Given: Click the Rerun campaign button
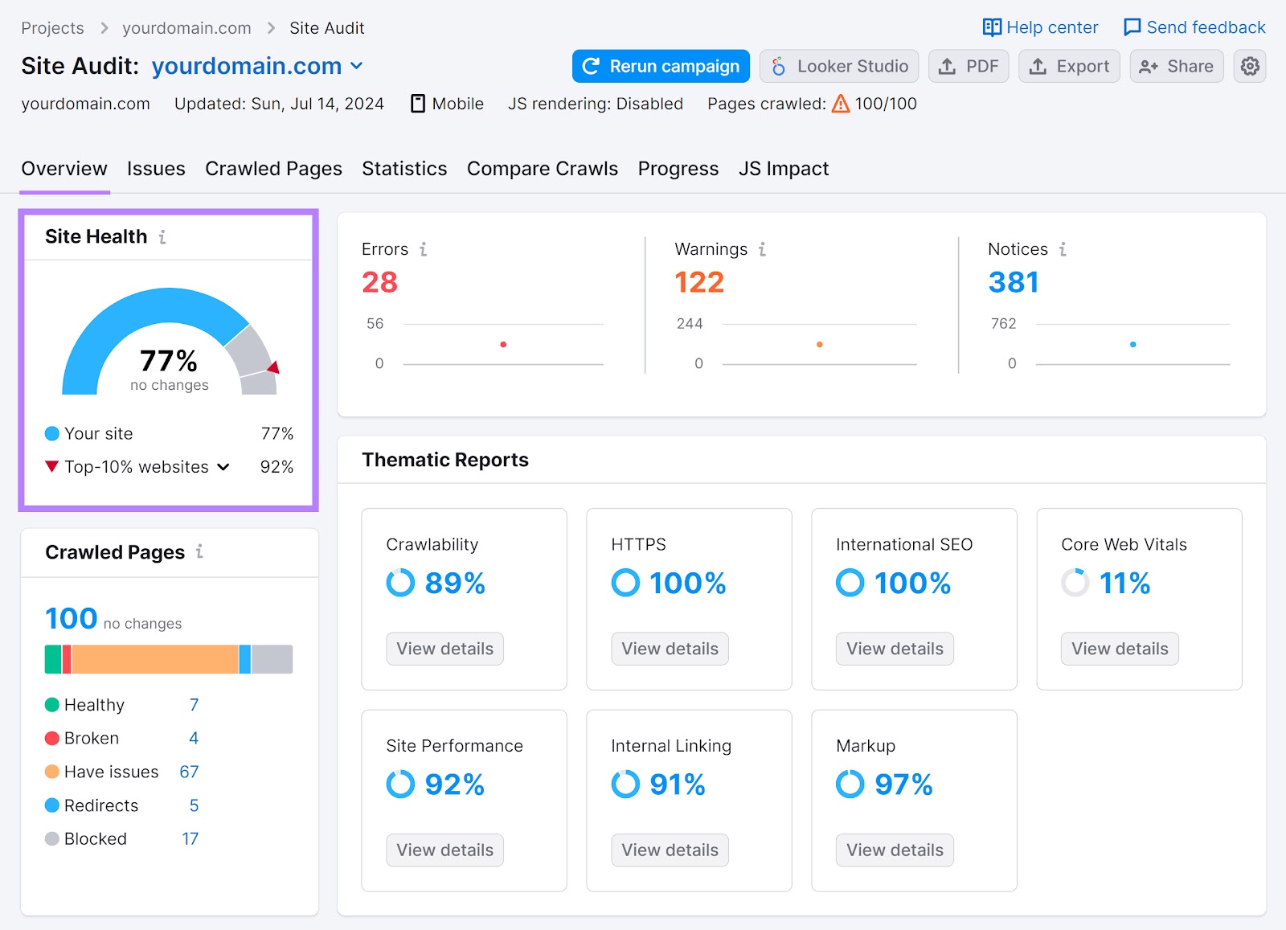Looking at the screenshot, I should pos(661,66).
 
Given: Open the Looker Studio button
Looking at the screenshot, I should pos(839,66).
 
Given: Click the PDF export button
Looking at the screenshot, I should pos(969,66).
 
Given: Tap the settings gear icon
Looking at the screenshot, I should pos(1250,66).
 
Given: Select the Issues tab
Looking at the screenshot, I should pos(156,169).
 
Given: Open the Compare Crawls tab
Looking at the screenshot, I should pos(542,169).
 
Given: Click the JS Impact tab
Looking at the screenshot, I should pos(783,169).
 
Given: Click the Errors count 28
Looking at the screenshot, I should pos(379,282).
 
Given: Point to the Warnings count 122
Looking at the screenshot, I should pos(698,282).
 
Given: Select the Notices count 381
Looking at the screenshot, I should pos(1013,282).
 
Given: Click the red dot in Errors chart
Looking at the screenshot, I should pos(503,344).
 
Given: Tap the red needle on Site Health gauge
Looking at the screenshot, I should pos(274,367).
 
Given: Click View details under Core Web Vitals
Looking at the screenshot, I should pos(1119,649).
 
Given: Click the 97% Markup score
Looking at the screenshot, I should pos(903,785).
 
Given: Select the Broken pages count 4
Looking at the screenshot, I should pos(194,738).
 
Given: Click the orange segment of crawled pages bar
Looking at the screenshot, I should pos(155,659).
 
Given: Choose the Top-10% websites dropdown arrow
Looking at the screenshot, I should pos(223,467).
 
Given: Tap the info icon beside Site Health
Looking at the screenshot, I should pos(162,237).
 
